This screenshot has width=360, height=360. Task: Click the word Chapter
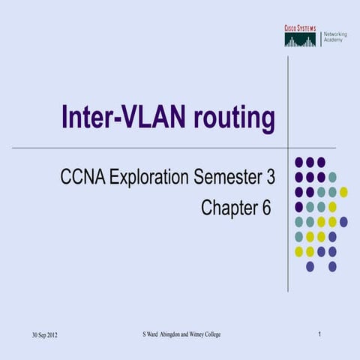(229, 208)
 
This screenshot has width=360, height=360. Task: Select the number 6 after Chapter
(265, 208)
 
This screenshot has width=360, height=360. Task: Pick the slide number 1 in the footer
(319, 333)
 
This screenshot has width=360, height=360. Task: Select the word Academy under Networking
(334, 40)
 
